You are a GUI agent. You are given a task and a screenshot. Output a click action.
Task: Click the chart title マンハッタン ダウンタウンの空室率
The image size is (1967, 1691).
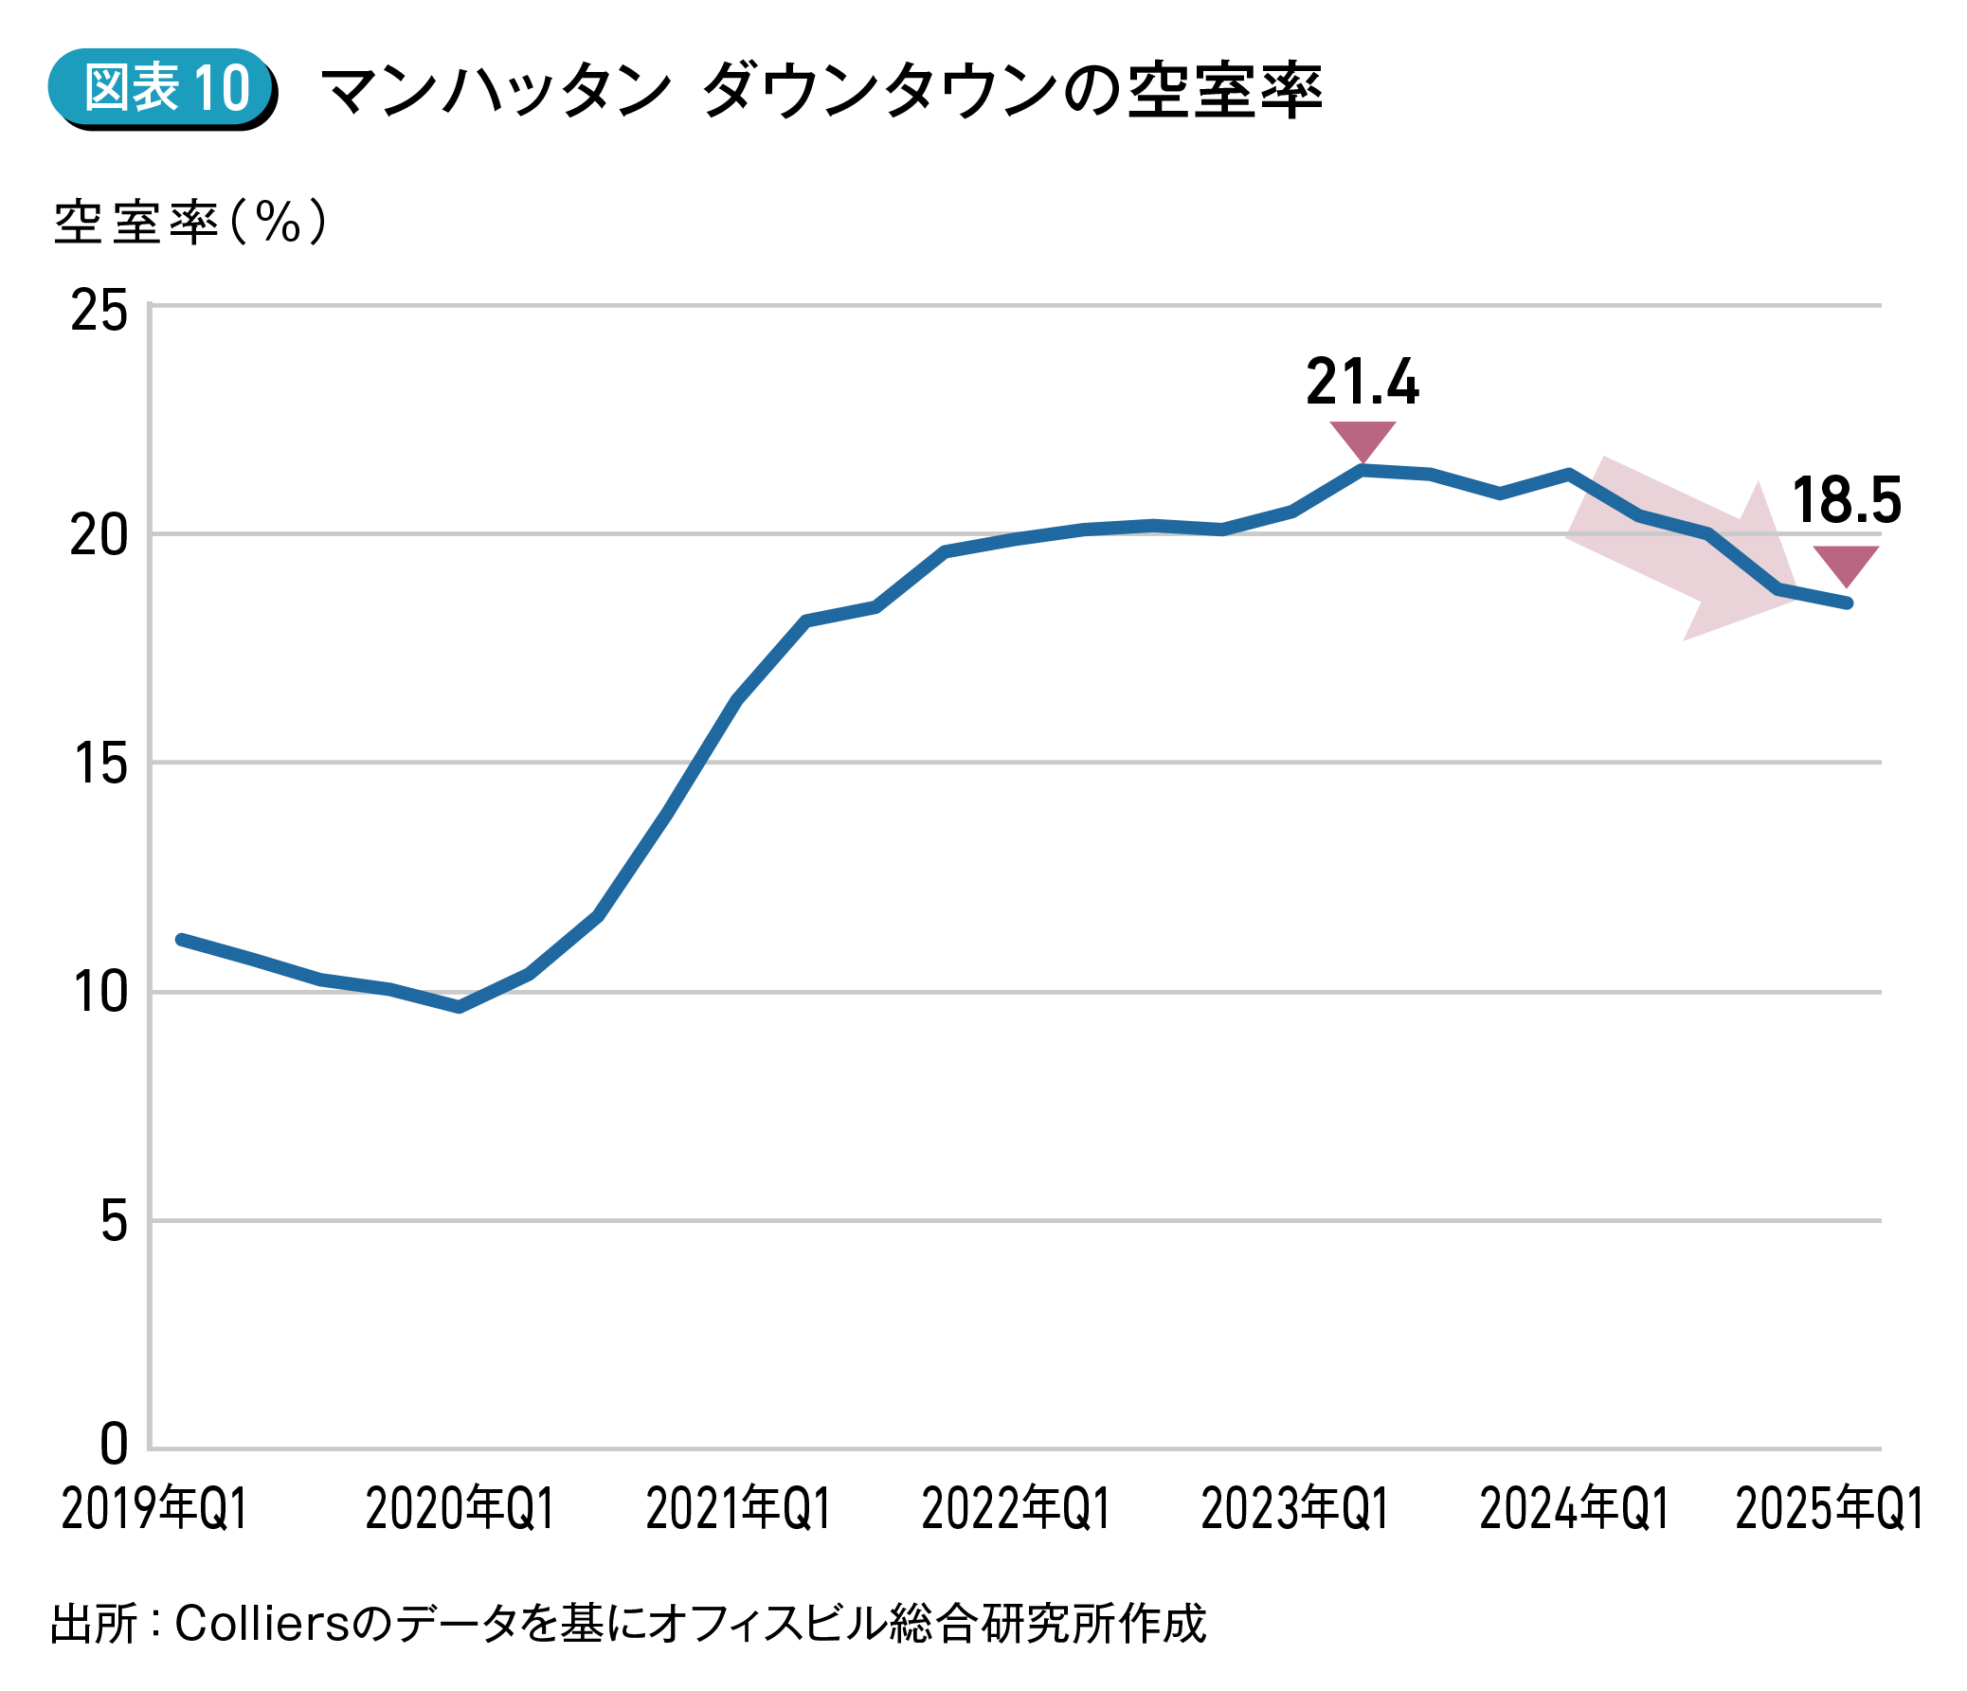pyautogui.click(x=821, y=91)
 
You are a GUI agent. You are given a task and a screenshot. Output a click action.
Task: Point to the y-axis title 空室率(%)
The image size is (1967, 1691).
pyautogui.click(x=189, y=223)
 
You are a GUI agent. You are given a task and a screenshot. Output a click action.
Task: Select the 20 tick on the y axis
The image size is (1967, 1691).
pyautogui.click(x=99, y=535)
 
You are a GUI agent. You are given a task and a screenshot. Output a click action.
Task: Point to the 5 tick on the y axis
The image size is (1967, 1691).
pyautogui.click(x=113, y=1221)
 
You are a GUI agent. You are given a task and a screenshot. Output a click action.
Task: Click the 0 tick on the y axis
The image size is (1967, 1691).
pyautogui.click(x=113, y=1447)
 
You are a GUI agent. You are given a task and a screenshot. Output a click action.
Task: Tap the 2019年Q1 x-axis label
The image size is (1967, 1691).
pyautogui.click(x=153, y=1509)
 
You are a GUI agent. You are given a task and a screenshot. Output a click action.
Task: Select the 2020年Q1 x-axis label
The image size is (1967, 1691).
pyautogui.click(x=460, y=1509)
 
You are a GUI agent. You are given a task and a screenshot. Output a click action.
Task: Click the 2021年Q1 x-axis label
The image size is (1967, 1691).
pyautogui.click(x=739, y=1509)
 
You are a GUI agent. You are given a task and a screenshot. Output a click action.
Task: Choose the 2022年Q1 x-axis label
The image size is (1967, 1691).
pyautogui.click(x=1016, y=1509)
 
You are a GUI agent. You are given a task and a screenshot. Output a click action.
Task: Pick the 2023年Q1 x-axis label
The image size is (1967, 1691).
pyautogui.click(x=1295, y=1509)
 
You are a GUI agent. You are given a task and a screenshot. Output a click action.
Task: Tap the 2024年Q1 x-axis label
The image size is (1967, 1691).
pyautogui.click(x=1574, y=1509)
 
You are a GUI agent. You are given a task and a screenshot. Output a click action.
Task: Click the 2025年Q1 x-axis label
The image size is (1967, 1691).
pyautogui.click(x=1830, y=1509)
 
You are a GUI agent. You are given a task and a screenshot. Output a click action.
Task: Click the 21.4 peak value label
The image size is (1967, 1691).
pyautogui.click(x=1362, y=383)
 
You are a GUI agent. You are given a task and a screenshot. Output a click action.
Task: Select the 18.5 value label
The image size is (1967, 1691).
pyautogui.click(x=1847, y=501)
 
